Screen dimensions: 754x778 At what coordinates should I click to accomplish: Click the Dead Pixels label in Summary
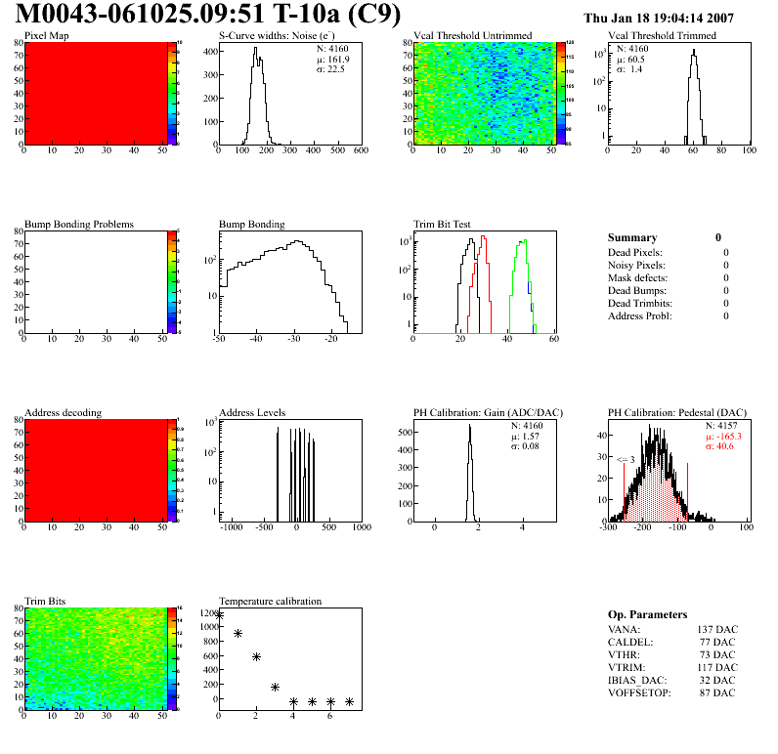point(635,252)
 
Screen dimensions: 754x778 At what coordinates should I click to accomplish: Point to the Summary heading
point(632,237)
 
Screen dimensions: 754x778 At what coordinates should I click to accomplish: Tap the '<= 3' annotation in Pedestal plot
point(626,459)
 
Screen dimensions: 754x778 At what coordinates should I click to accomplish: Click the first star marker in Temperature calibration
point(220,615)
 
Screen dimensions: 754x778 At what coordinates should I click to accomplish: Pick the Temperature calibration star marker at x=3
point(276,687)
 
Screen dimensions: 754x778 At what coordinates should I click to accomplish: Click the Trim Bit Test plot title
point(443,225)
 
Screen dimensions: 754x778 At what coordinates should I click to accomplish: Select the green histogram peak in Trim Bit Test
point(525,241)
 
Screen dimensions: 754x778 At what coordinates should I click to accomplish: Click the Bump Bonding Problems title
point(79,225)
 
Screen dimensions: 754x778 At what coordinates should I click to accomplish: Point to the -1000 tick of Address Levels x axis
point(232,527)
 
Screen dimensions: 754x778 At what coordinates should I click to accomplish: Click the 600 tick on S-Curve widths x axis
point(361,150)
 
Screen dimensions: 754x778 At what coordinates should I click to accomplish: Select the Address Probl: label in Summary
point(639,315)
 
